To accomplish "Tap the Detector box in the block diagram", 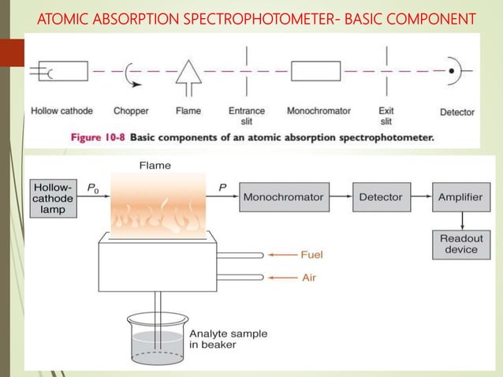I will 381,196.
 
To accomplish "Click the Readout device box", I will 461,244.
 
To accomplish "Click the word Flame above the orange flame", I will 154,166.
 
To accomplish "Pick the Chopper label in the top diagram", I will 131,111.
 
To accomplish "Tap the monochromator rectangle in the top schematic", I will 316,70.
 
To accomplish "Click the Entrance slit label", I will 246,116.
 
